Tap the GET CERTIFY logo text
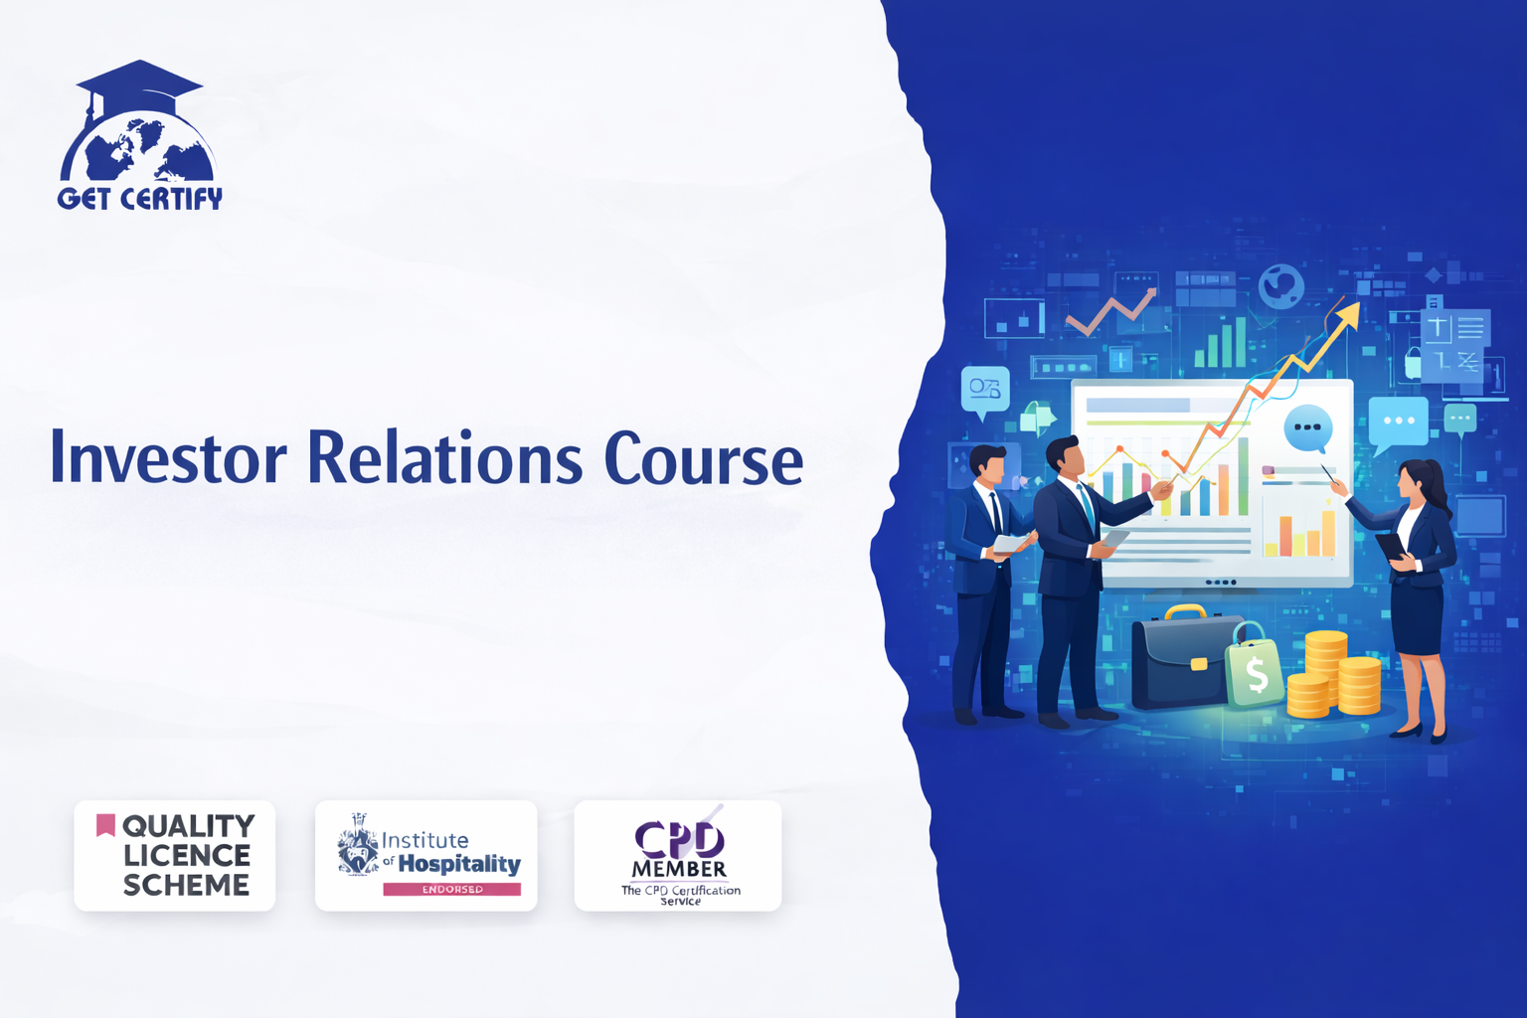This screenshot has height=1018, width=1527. click(139, 199)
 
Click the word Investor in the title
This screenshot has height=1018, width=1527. click(168, 458)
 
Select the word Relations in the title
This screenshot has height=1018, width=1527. click(444, 458)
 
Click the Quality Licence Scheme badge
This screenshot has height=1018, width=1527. click(175, 856)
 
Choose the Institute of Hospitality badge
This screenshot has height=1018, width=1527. click(426, 856)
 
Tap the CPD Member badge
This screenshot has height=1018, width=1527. click(678, 856)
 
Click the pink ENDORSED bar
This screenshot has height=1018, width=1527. click(451, 889)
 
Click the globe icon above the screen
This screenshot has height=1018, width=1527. click(1280, 286)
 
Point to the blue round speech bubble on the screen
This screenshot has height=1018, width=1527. click(1307, 428)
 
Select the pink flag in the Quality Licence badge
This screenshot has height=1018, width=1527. click(105, 824)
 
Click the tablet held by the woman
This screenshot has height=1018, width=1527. click(1390, 546)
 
